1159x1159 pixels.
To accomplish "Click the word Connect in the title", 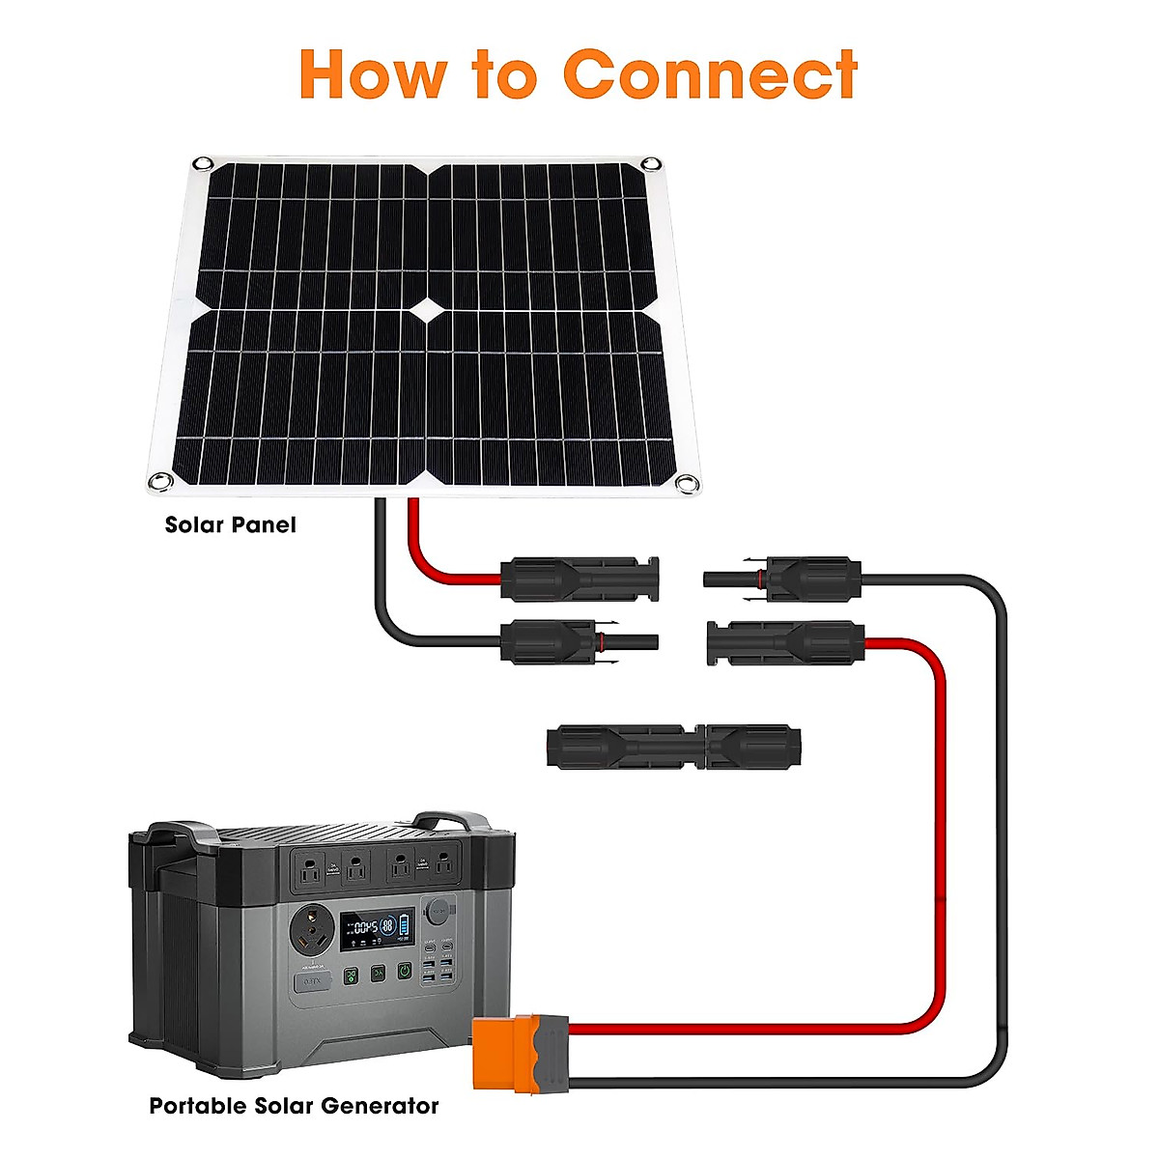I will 710,74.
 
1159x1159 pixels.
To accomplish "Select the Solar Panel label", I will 230,525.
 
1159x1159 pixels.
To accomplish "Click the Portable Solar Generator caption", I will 294,1106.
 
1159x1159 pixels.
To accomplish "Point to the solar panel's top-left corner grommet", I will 202,163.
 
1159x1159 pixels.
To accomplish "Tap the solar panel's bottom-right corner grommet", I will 687,484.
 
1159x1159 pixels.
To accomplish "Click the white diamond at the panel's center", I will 426,310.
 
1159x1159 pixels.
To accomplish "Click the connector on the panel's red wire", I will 579,579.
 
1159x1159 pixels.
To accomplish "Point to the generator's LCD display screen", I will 377,928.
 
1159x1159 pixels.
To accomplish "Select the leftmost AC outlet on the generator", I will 311,868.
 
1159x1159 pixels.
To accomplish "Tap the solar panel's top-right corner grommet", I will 652,163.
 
